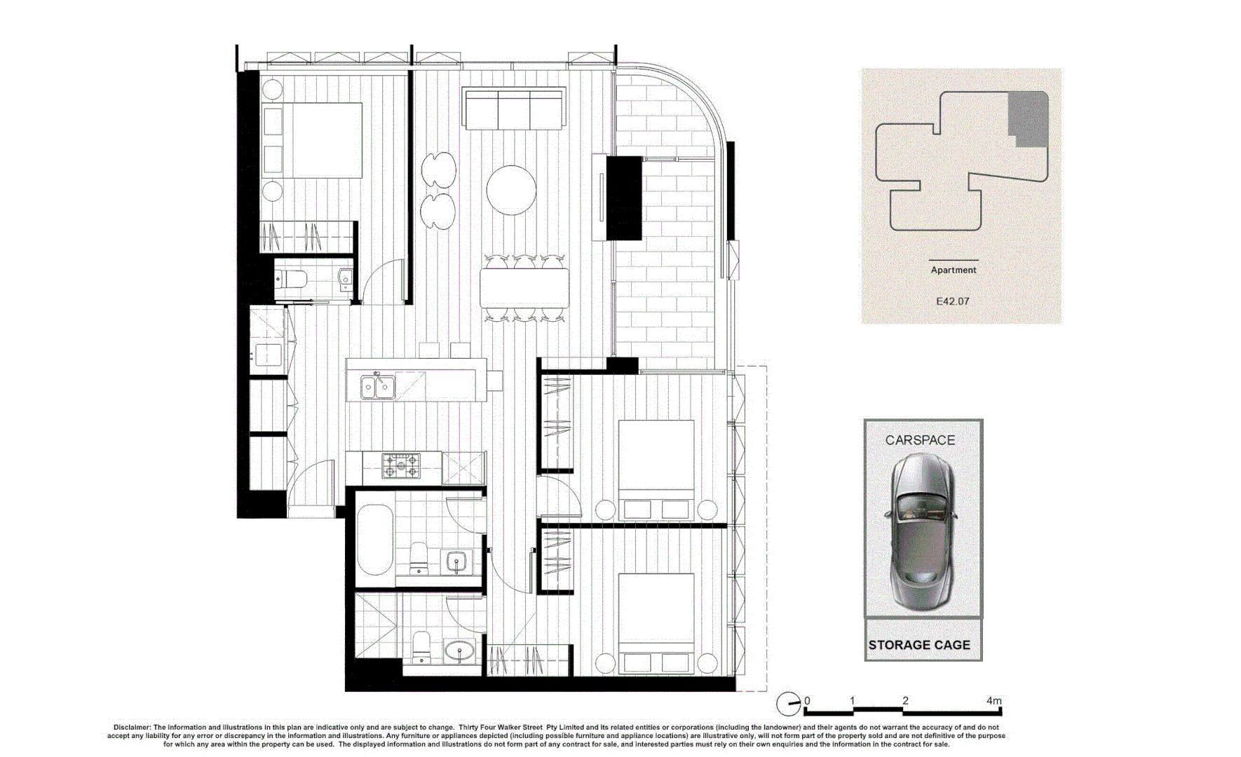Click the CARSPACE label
(x=920, y=440)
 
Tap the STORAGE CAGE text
(x=919, y=645)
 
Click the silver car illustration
(x=921, y=533)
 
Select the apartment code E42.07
(x=952, y=301)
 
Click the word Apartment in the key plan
(x=953, y=270)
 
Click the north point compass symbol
(x=788, y=703)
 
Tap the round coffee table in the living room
(x=511, y=189)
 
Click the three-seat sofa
(x=514, y=109)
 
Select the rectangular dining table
(x=524, y=288)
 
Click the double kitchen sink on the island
(x=378, y=386)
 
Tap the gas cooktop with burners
(x=401, y=465)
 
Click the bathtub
(x=375, y=539)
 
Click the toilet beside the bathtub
(x=419, y=557)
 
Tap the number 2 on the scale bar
(x=905, y=700)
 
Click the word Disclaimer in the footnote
(x=132, y=728)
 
